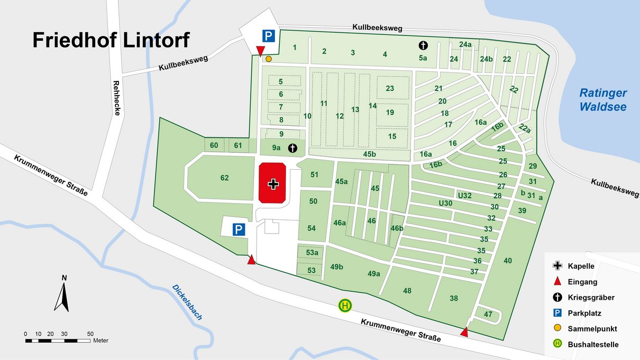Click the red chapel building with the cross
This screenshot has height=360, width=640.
coord(273,183)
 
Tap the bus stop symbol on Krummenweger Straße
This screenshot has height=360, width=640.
coord(345,305)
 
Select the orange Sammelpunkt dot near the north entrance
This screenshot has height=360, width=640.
coord(269,59)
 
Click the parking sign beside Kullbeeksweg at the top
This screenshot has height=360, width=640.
coord(269,36)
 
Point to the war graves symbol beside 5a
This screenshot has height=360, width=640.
coord(423,45)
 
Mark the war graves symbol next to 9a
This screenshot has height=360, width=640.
coord(292,147)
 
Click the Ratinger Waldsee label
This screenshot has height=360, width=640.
coord(603,100)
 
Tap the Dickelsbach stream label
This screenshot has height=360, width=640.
coord(187,302)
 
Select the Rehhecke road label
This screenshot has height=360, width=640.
coord(116,98)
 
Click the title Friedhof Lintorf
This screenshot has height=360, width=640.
coord(111,40)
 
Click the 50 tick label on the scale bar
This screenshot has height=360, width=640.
coord(90,334)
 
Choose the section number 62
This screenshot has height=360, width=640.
coord(225,178)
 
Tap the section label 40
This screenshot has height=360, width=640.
coord(508,260)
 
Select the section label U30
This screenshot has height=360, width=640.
coord(445,203)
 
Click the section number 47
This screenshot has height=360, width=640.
coord(488,314)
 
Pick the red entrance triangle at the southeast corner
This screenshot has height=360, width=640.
coord(464,332)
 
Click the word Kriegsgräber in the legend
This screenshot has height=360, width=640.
coord(591,298)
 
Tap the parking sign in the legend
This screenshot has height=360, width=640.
coord(556,313)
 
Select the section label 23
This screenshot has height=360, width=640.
coord(390,88)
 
